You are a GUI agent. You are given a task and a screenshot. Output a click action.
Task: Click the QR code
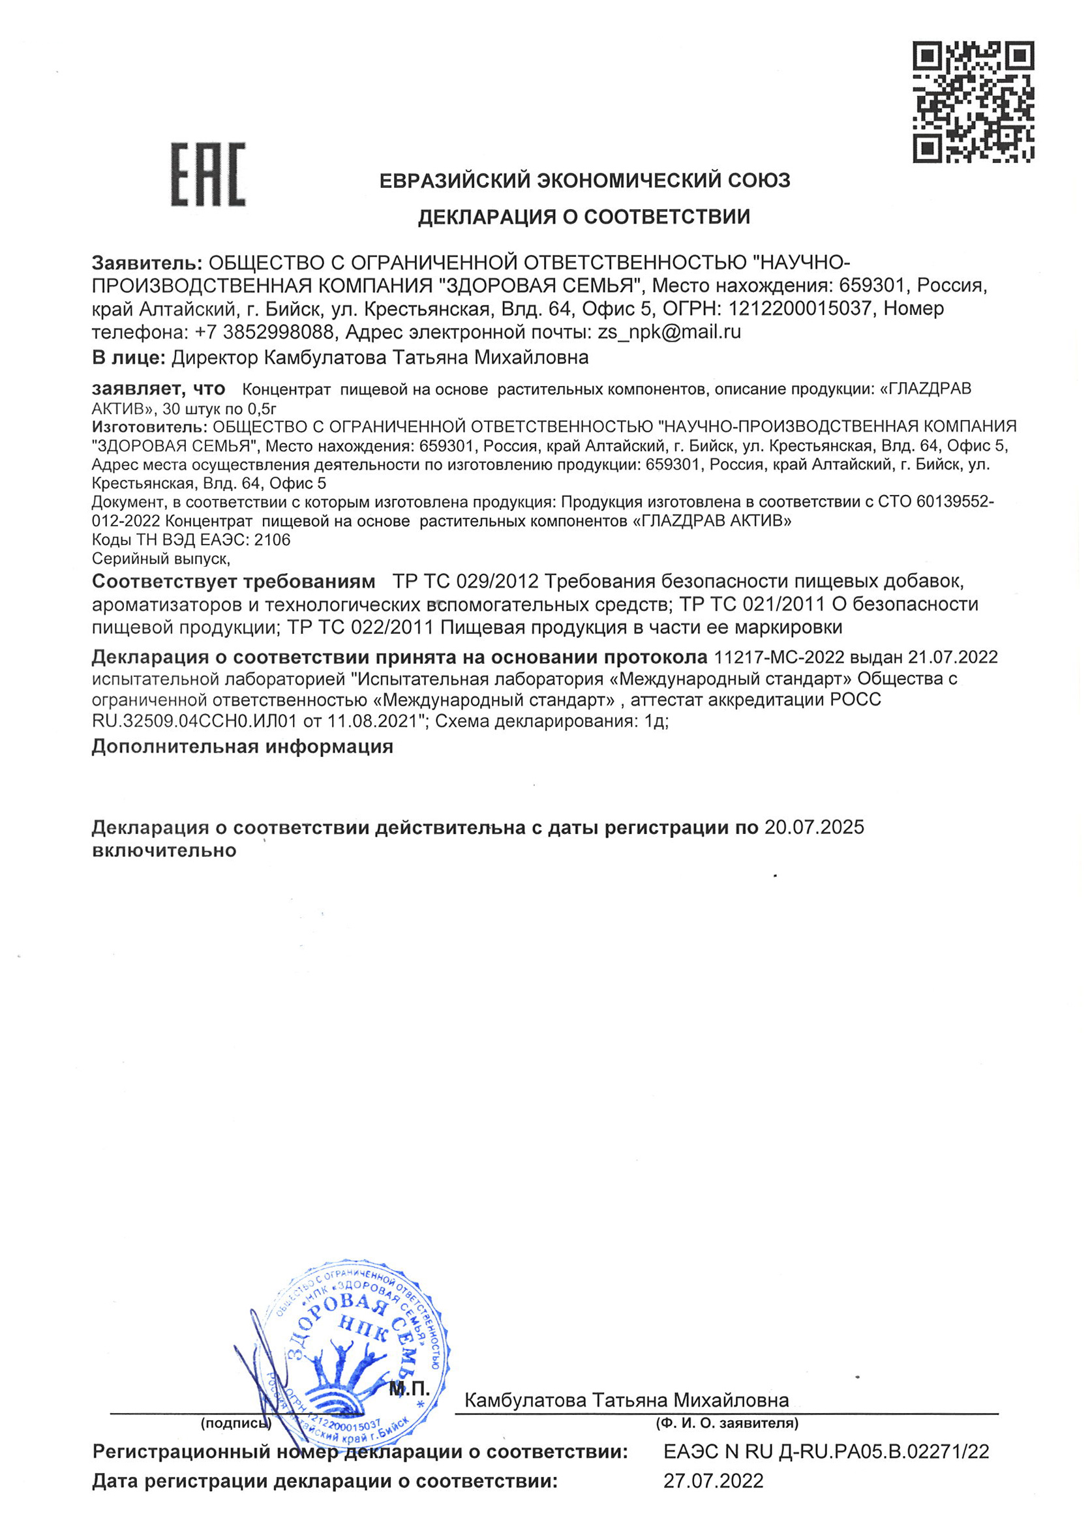973,102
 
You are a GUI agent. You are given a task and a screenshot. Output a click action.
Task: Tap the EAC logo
208,175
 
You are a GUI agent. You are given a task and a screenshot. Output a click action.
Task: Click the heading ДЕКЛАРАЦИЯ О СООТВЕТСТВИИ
584,216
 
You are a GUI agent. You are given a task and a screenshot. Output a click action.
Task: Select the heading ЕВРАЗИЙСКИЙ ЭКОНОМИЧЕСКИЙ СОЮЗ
584,181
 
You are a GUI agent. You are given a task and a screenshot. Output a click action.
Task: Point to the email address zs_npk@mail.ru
669,331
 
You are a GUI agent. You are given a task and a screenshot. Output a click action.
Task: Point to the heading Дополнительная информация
242,747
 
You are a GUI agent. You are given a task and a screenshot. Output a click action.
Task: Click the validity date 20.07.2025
814,827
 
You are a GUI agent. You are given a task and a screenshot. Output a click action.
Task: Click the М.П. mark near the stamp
410,1390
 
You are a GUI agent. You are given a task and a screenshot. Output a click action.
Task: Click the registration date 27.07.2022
713,1481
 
